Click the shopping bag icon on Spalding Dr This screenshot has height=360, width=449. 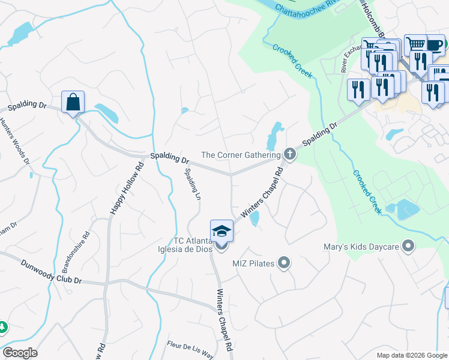73,102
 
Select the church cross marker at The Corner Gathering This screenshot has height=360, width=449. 289,155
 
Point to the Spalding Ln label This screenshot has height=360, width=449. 191,184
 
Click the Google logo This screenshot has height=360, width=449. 20,353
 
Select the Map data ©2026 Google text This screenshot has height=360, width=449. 411,355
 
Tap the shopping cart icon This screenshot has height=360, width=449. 415,44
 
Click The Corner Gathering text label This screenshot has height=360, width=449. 241,155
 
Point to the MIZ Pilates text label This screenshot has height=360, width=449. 253,263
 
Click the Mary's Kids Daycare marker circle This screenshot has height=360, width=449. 409,245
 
